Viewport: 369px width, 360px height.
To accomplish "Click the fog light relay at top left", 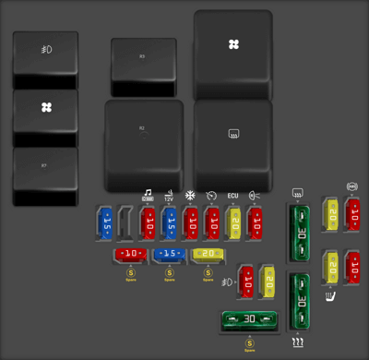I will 45,60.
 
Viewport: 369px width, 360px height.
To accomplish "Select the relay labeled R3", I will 143,66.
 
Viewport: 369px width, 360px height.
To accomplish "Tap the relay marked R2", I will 143,143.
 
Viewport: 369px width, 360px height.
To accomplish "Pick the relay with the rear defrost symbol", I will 233,143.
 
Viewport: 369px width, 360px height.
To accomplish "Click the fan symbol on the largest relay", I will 233,44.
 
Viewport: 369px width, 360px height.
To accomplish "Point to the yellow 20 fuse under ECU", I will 234,223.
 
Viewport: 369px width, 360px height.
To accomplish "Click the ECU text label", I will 233,197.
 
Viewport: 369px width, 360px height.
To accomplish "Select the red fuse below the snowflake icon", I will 191,223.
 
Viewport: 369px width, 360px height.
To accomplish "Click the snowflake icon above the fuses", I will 191,196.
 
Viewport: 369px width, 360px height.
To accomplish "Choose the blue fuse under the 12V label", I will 169,223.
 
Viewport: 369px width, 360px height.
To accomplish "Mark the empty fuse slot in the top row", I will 126,223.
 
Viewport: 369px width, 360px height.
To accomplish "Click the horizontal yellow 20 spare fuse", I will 208,254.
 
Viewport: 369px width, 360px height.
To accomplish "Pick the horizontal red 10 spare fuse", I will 130,254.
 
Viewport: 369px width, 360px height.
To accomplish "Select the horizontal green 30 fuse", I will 249,320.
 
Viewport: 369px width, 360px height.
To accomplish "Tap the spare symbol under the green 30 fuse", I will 249,343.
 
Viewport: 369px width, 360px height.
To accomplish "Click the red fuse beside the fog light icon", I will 245,282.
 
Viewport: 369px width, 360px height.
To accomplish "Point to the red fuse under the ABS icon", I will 352,214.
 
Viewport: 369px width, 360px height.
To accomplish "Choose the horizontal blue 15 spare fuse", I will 169,254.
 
